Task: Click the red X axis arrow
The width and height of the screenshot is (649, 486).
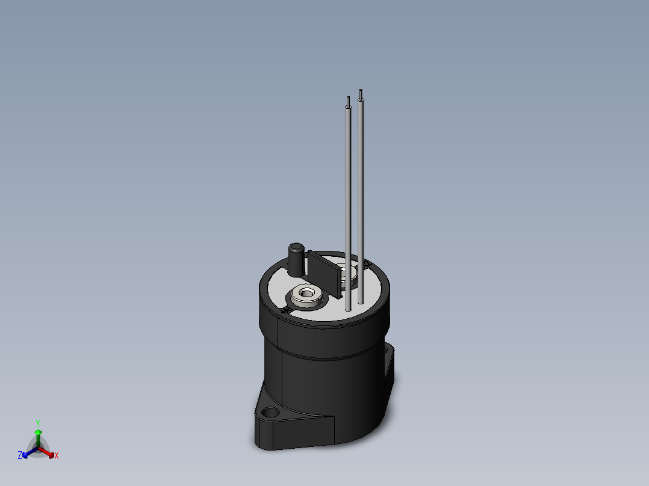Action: [50, 453]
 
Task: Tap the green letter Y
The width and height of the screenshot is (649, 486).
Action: [38, 423]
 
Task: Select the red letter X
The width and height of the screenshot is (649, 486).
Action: [57, 456]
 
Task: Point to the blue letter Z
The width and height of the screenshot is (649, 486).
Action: [20, 456]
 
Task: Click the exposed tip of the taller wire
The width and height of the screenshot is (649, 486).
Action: [361, 93]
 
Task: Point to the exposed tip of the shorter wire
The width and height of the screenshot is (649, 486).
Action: [348, 100]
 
